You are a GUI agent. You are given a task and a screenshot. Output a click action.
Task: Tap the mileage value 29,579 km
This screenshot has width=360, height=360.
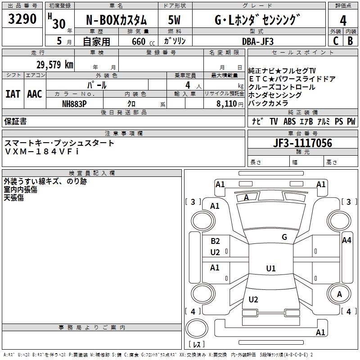(55, 64)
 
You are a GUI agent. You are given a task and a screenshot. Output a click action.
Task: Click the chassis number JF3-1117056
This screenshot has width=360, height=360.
(302, 143)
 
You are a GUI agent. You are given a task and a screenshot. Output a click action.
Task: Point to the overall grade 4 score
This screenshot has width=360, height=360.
(343, 21)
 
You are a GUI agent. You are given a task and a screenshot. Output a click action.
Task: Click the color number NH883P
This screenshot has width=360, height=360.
(74, 103)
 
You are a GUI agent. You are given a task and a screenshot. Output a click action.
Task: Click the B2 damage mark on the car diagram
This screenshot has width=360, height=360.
(215, 241)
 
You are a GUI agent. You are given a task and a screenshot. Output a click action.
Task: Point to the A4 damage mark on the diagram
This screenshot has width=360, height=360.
(346, 240)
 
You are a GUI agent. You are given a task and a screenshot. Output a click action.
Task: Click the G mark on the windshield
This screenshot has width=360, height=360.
(284, 237)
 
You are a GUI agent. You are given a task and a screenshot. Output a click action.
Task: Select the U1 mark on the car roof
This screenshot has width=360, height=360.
(270, 269)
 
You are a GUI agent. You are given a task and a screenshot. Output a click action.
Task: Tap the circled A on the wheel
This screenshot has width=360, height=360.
(339, 294)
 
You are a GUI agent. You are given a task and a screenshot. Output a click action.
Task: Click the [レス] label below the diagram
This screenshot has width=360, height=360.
(197, 345)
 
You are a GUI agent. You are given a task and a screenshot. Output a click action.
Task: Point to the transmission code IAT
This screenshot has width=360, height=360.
(13, 94)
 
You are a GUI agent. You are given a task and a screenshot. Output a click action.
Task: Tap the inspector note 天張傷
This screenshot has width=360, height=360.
(13, 198)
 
